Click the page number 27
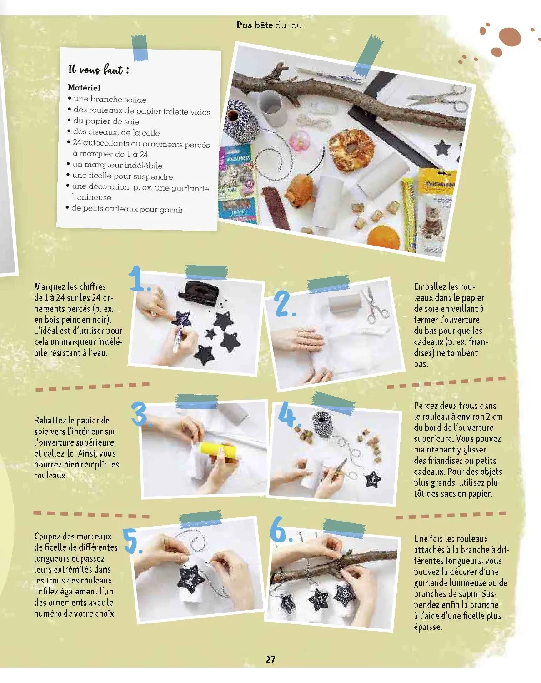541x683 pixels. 270,659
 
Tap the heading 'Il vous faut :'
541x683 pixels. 99,70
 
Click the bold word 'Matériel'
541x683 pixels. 84,88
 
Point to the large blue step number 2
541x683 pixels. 285,304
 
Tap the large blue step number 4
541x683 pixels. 288,414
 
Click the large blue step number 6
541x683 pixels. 281,529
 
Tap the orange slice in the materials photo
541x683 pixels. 383,236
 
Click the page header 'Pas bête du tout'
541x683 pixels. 270,25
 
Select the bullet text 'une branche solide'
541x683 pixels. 110,99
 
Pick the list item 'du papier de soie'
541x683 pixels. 106,121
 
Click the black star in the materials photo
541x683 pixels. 443,148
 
